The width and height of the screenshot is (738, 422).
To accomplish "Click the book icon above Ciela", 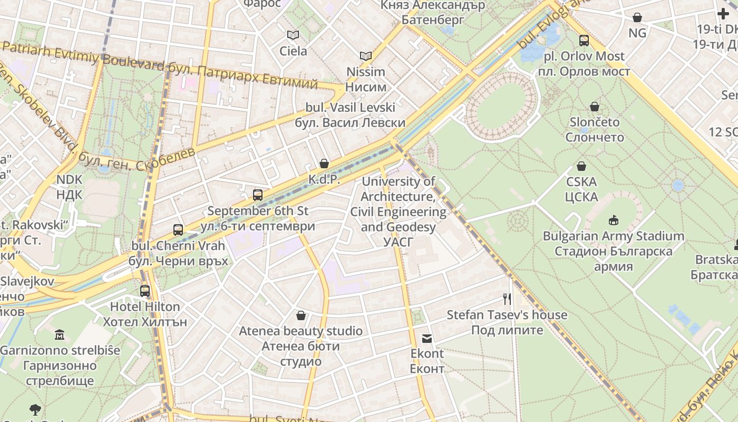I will click(293, 35).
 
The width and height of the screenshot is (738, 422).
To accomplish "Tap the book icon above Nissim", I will click(366, 56).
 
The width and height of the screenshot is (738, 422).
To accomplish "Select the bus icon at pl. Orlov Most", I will click(584, 41).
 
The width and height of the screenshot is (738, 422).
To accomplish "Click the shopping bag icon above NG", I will click(637, 17).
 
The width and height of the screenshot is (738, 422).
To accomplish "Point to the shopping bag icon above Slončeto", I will click(595, 107).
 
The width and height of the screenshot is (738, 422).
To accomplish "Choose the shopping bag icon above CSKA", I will click(581, 166).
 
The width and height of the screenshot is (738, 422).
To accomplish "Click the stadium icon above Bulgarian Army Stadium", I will click(614, 220).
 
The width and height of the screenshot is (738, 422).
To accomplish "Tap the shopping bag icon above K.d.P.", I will click(324, 164).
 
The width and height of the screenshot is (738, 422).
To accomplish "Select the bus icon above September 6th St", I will click(258, 195).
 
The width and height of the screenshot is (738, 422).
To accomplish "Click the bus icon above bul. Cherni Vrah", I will click(178, 229).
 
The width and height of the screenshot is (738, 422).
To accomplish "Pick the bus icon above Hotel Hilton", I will click(145, 291).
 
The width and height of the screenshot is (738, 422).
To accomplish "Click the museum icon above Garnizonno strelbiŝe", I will click(60, 334).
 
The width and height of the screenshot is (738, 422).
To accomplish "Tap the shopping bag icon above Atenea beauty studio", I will click(300, 315).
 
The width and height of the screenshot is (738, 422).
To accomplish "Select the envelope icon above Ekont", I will click(427, 338).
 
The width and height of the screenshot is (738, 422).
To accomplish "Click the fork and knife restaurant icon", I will click(507, 299).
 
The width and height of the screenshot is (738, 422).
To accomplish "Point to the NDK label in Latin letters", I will click(70, 179).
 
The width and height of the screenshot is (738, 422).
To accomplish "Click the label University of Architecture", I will click(399, 181).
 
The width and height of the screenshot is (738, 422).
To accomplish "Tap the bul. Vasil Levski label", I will click(350, 108).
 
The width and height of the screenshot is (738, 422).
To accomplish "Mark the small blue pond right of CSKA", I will click(678, 186).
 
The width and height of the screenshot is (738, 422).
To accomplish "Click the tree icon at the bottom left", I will click(35, 409).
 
